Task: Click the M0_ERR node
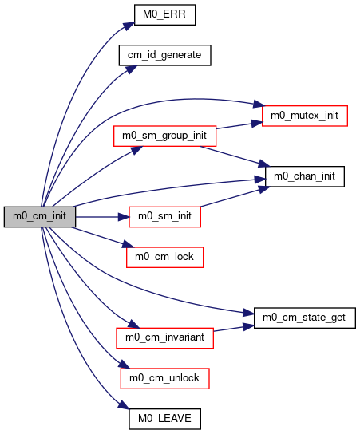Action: (x=164, y=14)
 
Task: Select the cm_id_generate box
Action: (x=164, y=55)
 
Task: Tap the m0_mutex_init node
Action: (x=305, y=116)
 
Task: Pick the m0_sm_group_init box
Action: (x=164, y=136)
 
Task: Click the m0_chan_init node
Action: (x=305, y=176)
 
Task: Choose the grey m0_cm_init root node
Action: (x=40, y=217)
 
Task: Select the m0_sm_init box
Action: (x=164, y=217)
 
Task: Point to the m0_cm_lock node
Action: (x=164, y=257)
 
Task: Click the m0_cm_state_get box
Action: (x=305, y=318)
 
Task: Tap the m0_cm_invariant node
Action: (x=164, y=338)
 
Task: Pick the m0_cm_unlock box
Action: (x=164, y=378)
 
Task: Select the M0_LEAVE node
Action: (x=164, y=419)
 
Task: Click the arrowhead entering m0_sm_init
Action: (x=124, y=217)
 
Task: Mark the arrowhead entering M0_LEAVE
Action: (x=124, y=404)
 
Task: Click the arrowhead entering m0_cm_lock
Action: (x=128, y=244)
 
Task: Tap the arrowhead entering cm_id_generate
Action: (x=132, y=69)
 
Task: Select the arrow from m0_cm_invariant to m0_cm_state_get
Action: (x=234, y=328)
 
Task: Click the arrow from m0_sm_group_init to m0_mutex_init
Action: (x=239, y=125)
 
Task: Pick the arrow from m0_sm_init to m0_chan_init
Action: (x=235, y=196)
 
